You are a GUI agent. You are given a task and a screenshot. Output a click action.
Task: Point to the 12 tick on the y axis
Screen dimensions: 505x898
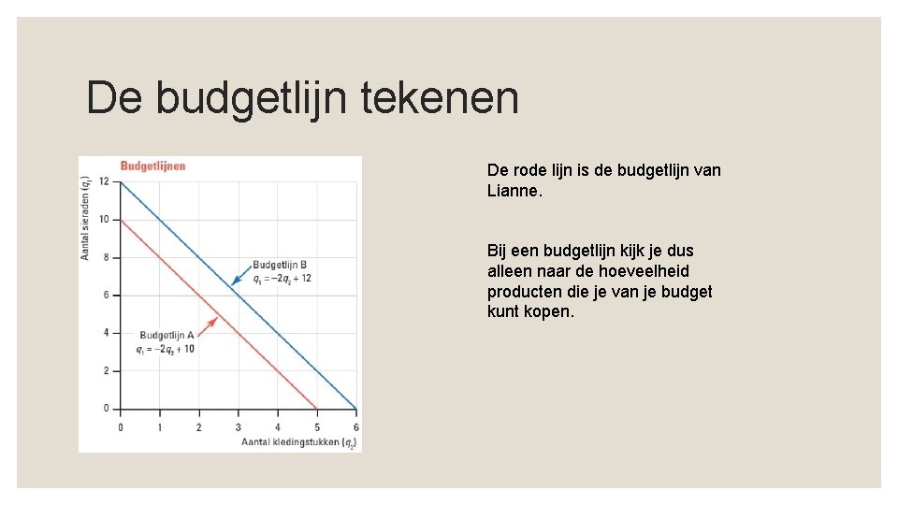tap(103, 181)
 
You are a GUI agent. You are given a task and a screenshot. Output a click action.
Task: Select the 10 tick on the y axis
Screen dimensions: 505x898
tap(103, 219)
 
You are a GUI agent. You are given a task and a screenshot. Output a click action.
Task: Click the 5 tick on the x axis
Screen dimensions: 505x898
tap(316, 426)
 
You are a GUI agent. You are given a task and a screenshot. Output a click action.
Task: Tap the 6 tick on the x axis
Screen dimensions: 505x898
tap(355, 426)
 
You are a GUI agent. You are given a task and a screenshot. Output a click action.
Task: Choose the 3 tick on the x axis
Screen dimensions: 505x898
tap(238, 426)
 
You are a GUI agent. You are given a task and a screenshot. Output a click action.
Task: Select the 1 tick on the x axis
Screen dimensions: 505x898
tap(159, 426)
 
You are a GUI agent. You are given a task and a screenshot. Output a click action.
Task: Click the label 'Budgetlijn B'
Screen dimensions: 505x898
tap(280, 265)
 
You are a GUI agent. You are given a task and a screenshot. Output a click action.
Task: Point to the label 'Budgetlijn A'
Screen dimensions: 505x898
tap(167, 335)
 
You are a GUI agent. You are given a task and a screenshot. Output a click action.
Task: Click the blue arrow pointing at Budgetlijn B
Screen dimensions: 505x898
tap(239, 276)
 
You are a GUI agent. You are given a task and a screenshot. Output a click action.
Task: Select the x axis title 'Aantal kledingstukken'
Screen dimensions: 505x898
tap(290, 440)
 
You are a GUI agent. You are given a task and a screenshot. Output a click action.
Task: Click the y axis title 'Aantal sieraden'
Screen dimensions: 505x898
tap(86, 222)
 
